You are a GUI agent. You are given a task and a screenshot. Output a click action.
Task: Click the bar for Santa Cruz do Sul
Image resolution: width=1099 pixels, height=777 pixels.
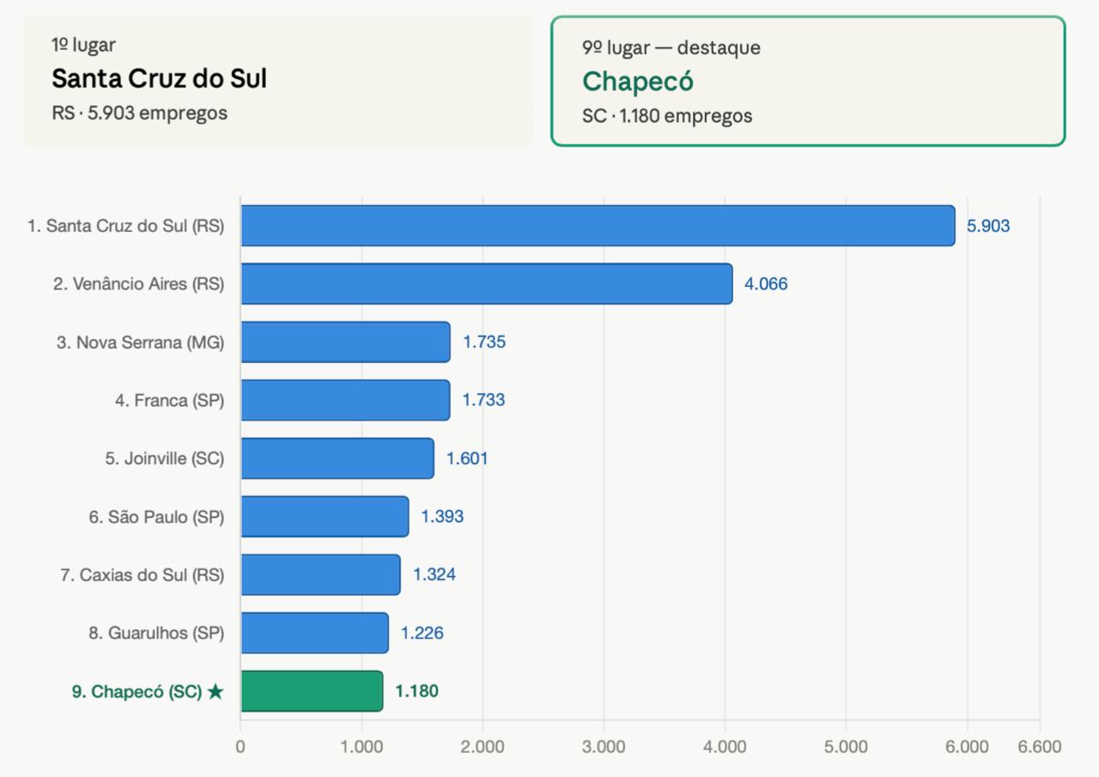(x=598, y=226)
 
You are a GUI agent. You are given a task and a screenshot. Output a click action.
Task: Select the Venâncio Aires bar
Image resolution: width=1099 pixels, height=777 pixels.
(x=487, y=283)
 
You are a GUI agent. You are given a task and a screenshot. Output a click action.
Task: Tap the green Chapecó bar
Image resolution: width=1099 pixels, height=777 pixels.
(x=312, y=691)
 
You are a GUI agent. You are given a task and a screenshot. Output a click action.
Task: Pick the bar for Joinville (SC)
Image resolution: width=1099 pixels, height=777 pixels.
(x=337, y=458)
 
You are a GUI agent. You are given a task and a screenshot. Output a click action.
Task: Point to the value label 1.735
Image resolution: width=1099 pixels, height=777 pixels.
(x=484, y=342)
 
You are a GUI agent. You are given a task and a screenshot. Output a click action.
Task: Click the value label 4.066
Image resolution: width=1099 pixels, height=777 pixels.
(x=766, y=283)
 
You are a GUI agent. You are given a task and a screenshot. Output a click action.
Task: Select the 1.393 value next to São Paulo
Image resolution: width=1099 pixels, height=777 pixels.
(x=442, y=517)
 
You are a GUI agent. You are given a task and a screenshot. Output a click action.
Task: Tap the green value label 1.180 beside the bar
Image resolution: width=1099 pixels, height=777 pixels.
(x=416, y=691)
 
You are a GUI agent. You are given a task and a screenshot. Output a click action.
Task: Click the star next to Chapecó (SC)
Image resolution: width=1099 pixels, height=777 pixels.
(x=216, y=692)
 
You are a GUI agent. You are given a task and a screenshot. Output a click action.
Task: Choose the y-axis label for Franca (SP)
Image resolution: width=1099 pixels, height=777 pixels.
(x=170, y=400)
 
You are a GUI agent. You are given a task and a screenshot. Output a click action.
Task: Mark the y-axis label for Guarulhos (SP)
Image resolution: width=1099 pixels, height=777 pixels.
(x=156, y=633)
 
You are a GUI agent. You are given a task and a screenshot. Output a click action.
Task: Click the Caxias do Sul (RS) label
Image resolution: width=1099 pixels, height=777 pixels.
(x=143, y=575)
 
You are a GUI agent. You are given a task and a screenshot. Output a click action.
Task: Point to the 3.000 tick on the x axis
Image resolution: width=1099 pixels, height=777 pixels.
(x=604, y=747)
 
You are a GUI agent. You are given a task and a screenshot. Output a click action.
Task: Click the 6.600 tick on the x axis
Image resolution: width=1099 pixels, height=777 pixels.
(x=1040, y=747)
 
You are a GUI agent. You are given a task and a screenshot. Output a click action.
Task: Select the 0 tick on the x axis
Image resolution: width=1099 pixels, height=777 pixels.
(x=240, y=747)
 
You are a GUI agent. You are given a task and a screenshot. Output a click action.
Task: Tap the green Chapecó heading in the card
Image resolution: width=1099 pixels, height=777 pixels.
(x=638, y=81)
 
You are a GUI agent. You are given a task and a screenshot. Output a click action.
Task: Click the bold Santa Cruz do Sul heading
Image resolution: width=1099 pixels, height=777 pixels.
(x=160, y=78)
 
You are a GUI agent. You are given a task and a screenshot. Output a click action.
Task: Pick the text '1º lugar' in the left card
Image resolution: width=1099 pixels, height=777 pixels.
(x=84, y=46)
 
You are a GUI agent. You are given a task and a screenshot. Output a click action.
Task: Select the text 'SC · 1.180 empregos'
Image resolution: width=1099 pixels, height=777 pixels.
(x=667, y=116)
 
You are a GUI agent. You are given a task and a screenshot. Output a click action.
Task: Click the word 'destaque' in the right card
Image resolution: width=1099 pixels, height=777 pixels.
(x=719, y=48)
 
